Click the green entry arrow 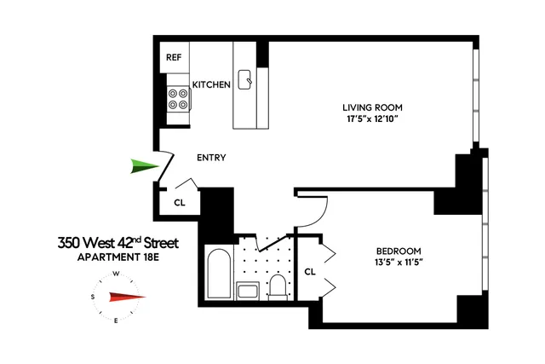144,166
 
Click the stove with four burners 178,98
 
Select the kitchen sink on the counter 247,79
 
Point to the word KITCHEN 211,84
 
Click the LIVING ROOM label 371,107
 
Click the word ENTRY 210,158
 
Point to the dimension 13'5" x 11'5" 399,263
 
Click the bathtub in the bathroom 217,272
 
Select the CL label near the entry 180,203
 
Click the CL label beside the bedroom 310,271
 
